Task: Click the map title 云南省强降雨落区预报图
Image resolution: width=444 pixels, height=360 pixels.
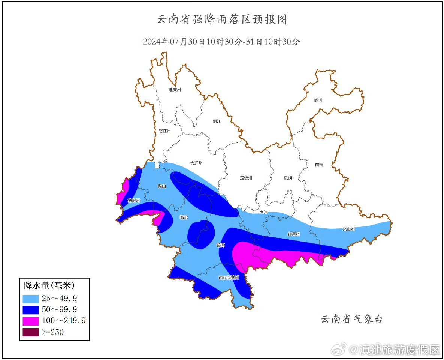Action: point(221,19)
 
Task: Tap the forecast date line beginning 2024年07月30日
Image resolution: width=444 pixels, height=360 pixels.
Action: point(221,42)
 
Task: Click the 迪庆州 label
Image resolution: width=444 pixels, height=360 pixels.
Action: point(175,90)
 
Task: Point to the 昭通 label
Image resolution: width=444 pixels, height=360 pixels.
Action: point(318,100)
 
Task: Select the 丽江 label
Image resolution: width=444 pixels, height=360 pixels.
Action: point(217,121)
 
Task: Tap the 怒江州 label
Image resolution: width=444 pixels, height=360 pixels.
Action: point(164,131)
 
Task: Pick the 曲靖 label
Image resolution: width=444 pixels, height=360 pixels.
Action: point(319,165)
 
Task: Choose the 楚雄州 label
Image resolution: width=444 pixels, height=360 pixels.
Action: point(246,178)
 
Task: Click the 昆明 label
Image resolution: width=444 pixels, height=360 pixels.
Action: point(287,178)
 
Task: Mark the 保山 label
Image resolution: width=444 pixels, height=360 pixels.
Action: point(162,186)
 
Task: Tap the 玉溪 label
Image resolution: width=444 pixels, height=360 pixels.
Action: point(264,212)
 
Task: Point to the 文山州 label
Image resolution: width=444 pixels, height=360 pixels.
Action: point(349,229)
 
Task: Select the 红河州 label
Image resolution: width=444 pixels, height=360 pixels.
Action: point(293,234)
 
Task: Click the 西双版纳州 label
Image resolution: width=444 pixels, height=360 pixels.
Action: point(229,278)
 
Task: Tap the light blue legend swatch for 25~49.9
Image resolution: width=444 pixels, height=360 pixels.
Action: point(31,299)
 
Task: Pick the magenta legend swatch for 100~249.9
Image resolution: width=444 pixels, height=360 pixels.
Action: point(31,321)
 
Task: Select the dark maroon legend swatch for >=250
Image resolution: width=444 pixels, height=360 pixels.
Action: point(31,332)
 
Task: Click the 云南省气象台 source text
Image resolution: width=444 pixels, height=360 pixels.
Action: point(351,319)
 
